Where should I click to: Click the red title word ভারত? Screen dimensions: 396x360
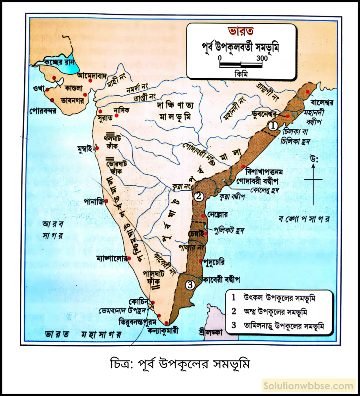pyautogui.click(x=241, y=31)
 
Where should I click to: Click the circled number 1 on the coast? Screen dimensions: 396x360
pyautogui.click(x=273, y=126)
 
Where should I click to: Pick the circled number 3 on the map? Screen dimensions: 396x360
pyautogui.click(x=190, y=284)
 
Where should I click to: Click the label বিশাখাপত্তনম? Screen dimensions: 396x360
pyautogui.click(x=264, y=172)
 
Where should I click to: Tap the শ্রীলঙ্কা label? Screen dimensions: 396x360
pyautogui.click(x=211, y=332)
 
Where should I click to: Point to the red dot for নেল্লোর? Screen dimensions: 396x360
pyautogui.click(x=203, y=216)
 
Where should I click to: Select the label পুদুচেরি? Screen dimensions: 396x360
pyautogui.click(x=214, y=261)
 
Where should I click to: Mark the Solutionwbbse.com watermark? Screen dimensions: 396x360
pyautogui.click(x=308, y=386)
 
